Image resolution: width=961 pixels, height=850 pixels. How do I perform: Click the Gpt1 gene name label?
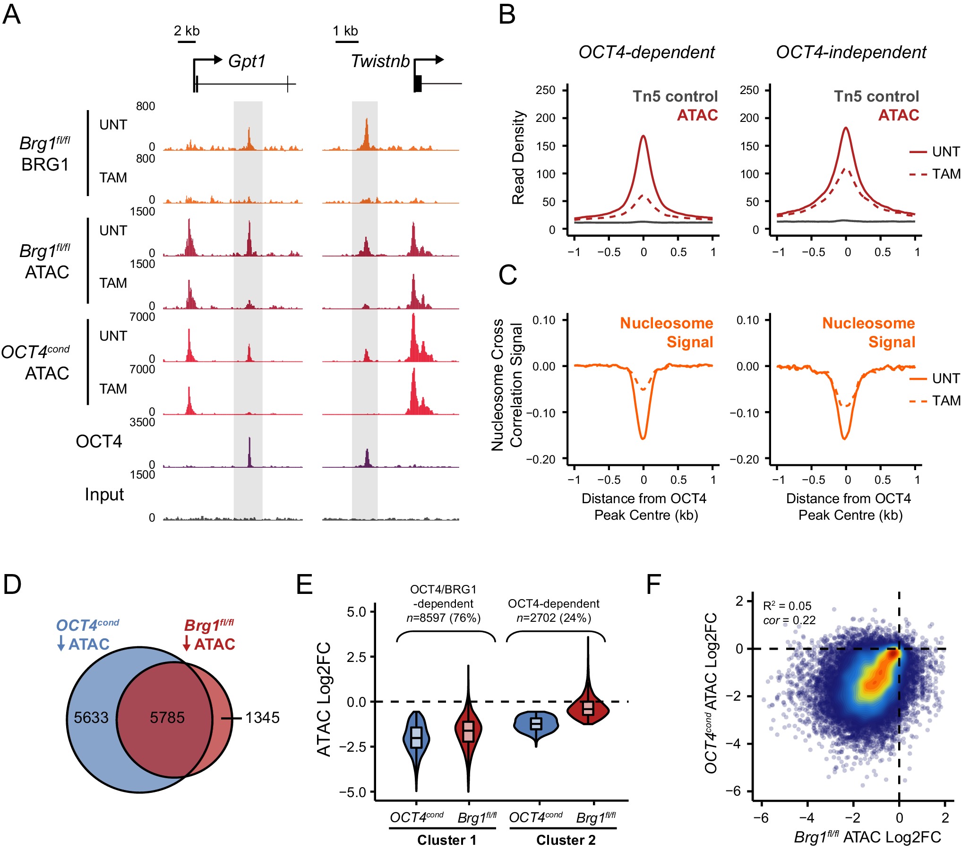click(247, 61)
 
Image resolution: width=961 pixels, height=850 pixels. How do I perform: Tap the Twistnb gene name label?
click(380, 61)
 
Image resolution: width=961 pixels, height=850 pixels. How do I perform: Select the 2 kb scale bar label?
click(187, 31)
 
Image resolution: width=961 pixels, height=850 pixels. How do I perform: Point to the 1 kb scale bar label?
click(345, 31)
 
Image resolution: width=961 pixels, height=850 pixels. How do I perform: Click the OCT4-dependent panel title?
click(646, 52)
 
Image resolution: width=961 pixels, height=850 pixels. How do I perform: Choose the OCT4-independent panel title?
click(851, 52)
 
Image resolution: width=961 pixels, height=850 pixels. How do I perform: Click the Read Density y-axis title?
click(518, 158)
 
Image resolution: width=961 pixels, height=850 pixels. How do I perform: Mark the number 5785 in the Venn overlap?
click(167, 718)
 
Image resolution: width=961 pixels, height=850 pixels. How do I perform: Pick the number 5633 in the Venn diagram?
click(91, 718)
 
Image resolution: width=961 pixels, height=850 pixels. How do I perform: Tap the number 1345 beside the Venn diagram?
click(262, 718)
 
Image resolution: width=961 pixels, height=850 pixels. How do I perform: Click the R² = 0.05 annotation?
click(787, 606)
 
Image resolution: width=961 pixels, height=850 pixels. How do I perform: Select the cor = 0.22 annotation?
click(789, 620)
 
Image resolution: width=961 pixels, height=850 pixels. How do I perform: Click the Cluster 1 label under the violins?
click(446, 840)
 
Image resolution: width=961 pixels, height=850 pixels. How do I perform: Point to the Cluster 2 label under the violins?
click(566, 840)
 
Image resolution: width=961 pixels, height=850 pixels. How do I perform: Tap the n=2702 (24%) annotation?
click(554, 618)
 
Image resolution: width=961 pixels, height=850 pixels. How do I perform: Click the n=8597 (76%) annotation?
click(443, 618)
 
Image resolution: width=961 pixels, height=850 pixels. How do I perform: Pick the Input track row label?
click(104, 495)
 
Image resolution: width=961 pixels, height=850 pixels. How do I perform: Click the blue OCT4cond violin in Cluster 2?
click(536, 723)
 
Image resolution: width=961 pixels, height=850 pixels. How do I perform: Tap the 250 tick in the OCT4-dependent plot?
click(545, 90)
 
